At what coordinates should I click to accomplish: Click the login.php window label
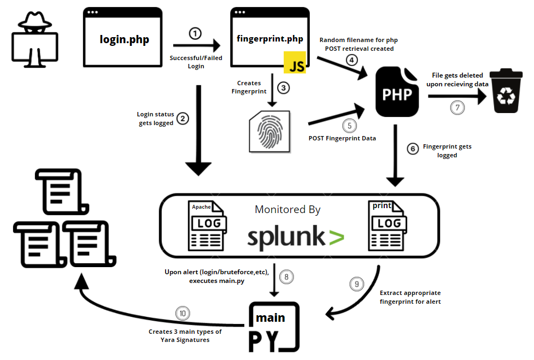coord(124,39)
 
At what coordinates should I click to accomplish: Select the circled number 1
coord(195,33)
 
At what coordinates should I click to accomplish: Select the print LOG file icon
coord(389,226)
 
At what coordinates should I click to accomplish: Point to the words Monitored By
coord(287,210)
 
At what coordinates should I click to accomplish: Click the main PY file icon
coord(273,326)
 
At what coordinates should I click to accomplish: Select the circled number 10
coord(183,314)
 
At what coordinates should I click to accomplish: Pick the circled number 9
coord(356,284)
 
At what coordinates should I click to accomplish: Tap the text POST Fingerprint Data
coord(342,138)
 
